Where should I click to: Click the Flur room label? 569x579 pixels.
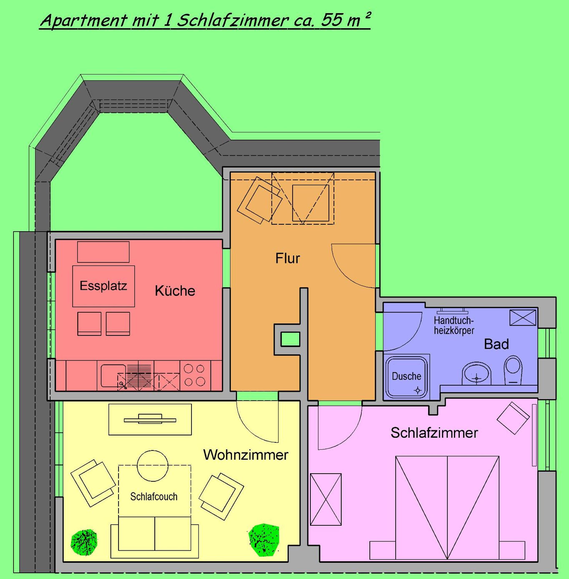tap(288, 258)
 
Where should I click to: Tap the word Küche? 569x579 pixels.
tap(175, 291)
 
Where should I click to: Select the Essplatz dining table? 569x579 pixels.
tap(103, 286)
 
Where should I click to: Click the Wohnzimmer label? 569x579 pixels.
tap(246, 455)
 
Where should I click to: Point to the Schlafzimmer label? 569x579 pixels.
tap(434, 433)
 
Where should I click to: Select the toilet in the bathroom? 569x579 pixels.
tap(513, 369)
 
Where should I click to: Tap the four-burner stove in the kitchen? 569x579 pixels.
tap(194, 375)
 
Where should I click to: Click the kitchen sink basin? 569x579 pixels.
tap(113, 376)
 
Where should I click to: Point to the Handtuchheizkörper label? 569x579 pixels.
tap(454, 325)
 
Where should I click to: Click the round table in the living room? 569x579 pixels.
tap(152, 466)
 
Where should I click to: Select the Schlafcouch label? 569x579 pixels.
tap(154, 496)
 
